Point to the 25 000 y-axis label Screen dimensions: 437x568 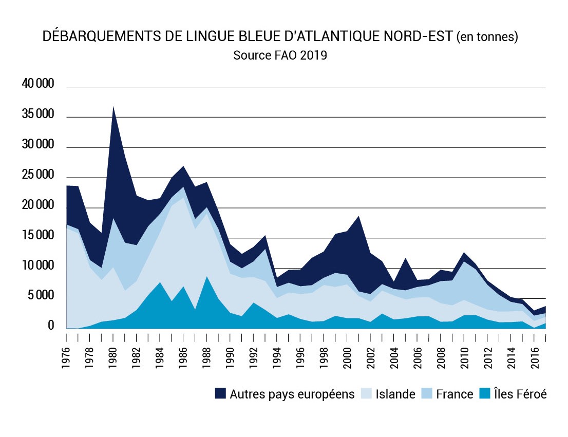click(38, 176)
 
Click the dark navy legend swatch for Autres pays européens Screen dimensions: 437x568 click(221, 394)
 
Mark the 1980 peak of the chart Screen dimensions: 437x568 click(113, 106)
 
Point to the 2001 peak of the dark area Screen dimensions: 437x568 click(359, 216)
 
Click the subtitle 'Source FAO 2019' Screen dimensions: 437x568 click(280, 55)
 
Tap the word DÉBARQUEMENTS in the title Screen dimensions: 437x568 click(88, 37)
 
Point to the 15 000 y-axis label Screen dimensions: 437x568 click(38, 236)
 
